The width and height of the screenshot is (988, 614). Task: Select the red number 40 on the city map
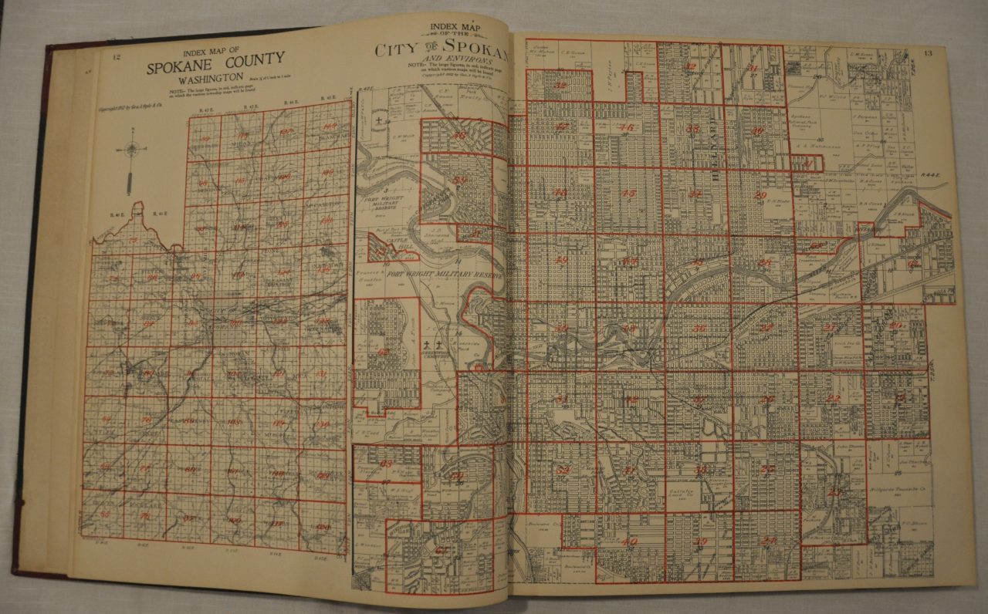pyautogui.click(x=629, y=541)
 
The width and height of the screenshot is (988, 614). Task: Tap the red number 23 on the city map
pyautogui.click(x=835, y=491)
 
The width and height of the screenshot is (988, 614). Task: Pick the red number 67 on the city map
pyautogui.click(x=442, y=549)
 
